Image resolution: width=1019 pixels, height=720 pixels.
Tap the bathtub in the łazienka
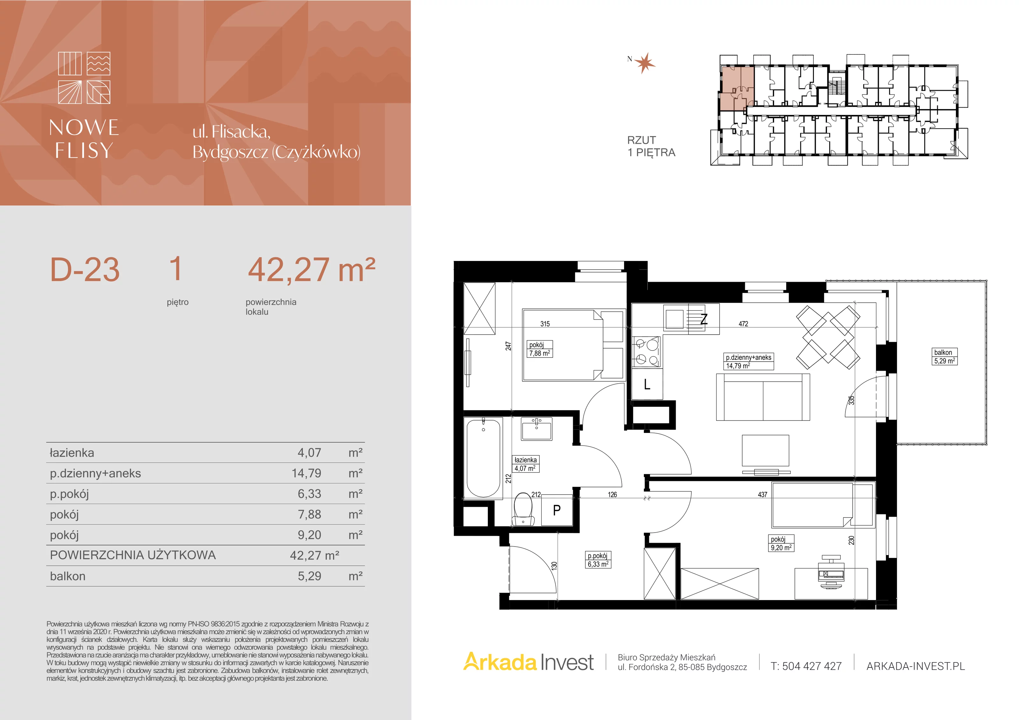pyautogui.click(x=483, y=458)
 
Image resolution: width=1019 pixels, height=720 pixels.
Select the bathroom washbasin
pyautogui.click(x=537, y=428)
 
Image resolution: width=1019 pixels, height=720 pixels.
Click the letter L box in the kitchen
pyautogui.click(x=647, y=384)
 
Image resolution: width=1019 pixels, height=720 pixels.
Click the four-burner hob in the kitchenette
pyautogui.click(x=646, y=351)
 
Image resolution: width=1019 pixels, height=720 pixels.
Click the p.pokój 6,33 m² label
pyautogui.click(x=598, y=560)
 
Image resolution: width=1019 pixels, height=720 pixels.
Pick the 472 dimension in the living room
pyautogui.click(x=743, y=324)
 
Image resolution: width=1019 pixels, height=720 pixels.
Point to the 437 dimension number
pyautogui.click(x=762, y=494)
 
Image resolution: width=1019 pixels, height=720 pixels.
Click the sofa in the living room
pyautogui.click(x=763, y=397)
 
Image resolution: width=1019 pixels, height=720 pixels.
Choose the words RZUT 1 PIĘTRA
pyautogui.click(x=651, y=146)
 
